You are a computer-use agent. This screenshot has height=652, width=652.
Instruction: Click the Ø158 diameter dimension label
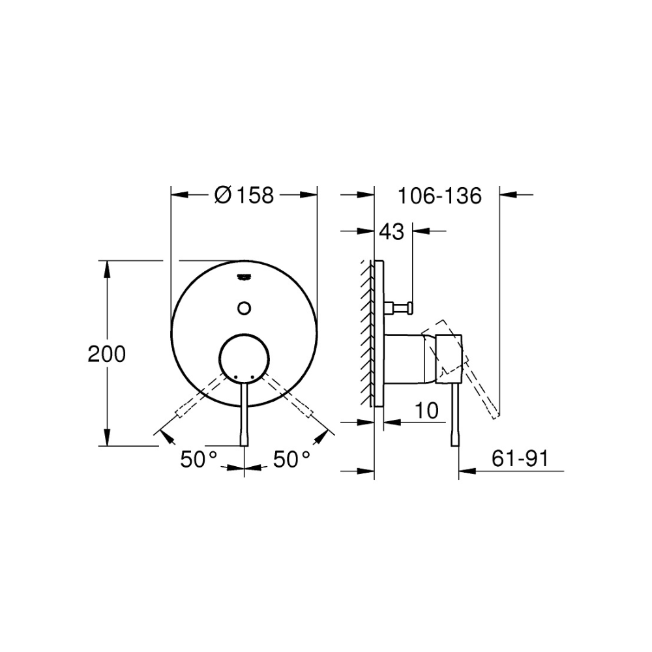point(244,195)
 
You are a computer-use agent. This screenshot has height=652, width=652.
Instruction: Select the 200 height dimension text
point(106,354)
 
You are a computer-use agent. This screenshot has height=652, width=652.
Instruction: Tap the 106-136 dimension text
point(440,196)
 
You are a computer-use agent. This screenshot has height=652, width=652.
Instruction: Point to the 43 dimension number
point(391,231)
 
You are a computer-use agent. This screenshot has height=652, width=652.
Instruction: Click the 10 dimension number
point(426,411)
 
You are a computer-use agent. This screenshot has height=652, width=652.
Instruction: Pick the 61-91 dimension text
point(520,458)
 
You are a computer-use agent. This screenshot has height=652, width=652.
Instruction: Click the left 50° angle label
point(199,460)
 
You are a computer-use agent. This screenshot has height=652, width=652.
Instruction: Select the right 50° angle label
point(291,460)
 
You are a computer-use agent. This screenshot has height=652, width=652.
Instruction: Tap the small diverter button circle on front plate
point(244,308)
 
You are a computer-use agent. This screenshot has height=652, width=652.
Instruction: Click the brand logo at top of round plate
point(244,276)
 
